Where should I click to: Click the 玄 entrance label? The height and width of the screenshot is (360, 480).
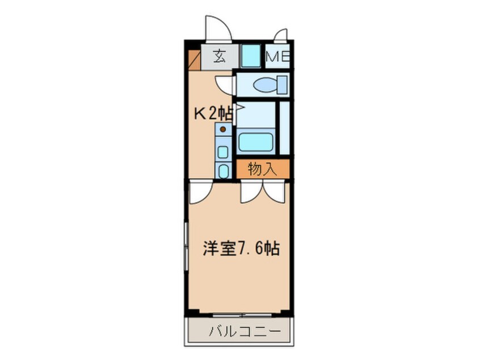point(220,57)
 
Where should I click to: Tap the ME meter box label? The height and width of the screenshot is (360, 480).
point(277,57)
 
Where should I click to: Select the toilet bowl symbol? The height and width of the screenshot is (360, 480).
point(271,85)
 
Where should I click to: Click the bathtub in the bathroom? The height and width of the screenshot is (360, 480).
point(256,142)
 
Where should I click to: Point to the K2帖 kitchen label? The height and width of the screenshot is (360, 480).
point(214,114)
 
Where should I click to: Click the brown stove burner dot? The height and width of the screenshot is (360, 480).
point(223,129)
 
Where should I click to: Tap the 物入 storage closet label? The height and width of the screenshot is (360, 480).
point(262,169)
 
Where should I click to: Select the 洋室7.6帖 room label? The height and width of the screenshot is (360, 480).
point(241,249)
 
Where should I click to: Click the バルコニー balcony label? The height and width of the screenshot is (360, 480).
point(245,332)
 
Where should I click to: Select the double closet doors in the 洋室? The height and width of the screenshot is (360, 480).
point(263,192)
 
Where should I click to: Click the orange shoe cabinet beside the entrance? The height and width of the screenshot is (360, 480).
point(194,60)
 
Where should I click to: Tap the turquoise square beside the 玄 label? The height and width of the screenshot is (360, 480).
point(251,56)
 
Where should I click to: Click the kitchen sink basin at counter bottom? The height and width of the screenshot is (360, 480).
point(223,171)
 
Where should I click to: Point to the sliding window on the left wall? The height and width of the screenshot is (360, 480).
point(186,246)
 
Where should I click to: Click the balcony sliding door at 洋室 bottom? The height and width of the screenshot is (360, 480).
point(242,315)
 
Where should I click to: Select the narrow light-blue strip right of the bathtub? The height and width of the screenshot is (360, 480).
point(285,128)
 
